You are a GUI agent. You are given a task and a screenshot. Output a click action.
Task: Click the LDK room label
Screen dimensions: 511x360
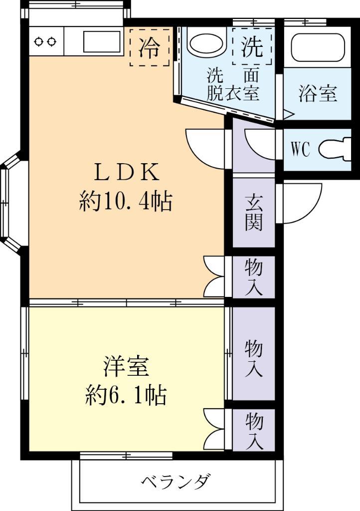click(127, 173)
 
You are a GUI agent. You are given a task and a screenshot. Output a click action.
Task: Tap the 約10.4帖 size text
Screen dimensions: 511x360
click(126, 202)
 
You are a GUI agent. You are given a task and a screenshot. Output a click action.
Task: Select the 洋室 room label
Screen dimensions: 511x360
click(126, 367)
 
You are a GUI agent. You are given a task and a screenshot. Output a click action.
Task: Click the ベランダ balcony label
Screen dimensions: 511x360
click(175, 482)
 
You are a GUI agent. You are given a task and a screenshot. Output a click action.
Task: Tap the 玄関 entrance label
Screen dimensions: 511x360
click(253, 213)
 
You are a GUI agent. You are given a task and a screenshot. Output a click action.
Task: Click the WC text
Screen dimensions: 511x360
click(300, 149)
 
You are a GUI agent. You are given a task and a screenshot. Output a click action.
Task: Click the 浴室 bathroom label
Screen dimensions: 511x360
click(318, 93)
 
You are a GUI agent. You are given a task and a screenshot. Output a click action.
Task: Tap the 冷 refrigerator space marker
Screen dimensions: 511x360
click(150, 47)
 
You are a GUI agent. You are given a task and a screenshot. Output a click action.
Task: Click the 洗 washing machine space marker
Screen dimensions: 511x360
click(252, 47)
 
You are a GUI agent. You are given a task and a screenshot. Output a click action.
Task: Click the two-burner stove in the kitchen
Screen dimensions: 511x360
click(45, 41)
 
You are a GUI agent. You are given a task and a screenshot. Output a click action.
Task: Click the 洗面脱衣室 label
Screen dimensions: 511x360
click(233, 85)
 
